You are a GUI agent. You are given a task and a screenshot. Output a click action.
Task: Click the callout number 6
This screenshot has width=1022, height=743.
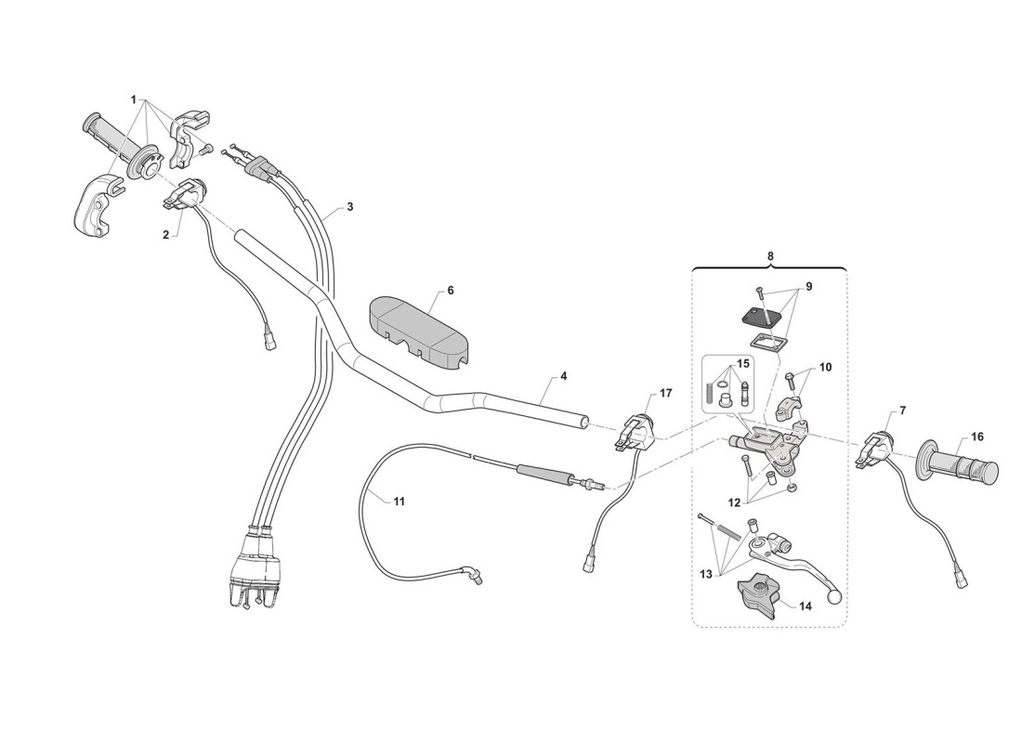tap(451, 291)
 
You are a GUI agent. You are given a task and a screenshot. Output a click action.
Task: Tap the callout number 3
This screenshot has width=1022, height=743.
tap(349, 207)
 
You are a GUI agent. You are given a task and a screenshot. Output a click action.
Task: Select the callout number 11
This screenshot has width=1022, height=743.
tap(399, 502)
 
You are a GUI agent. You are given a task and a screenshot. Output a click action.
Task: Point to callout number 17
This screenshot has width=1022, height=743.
tap(665, 394)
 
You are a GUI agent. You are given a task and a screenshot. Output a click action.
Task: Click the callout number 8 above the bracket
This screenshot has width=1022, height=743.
tap(769, 254)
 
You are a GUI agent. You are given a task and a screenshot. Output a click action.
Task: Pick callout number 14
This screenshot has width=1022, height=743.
tap(805, 606)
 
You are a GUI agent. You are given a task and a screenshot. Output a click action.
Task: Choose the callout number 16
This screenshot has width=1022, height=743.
tap(976, 436)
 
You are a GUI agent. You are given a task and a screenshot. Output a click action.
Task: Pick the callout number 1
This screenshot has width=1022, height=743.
tap(134, 99)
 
